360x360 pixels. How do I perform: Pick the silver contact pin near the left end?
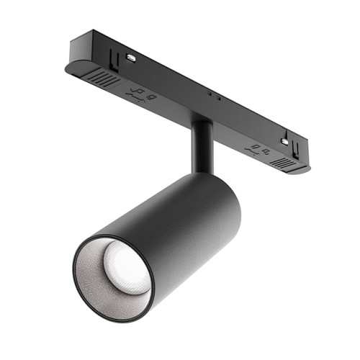(x=131, y=57)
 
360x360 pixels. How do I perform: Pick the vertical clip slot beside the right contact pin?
(x=295, y=148)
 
